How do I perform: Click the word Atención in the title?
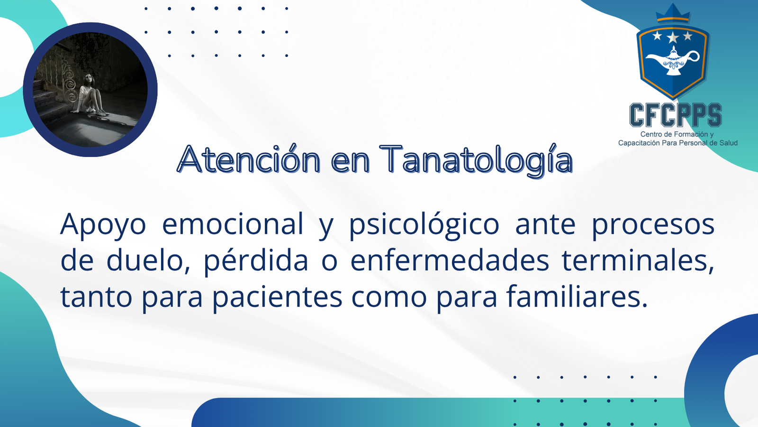(x=248, y=159)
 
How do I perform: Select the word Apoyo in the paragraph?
(x=103, y=225)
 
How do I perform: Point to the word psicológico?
(x=424, y=225)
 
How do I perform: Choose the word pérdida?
(x=256, y=261)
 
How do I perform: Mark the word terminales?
(x=638, y=260)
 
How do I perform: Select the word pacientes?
(x=278, y=297)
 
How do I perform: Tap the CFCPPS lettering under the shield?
(x=676, y=115)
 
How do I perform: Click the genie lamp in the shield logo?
(x=672, y=61)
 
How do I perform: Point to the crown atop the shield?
(x=673, y=14)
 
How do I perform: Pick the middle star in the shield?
(x=673, y=37)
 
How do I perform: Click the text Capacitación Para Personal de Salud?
(x=678, y=143)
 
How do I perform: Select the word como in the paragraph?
(x=389, y=297)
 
